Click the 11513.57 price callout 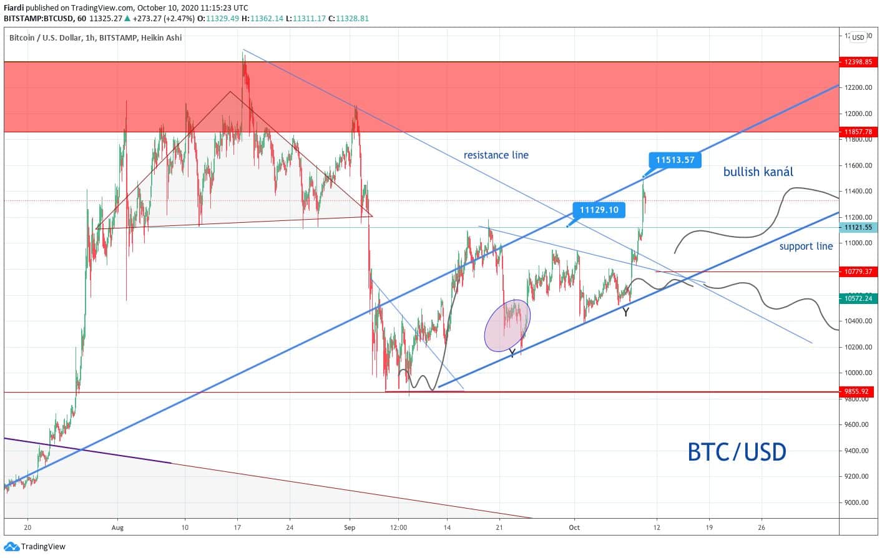coord(675,160)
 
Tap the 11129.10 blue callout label coord(599,210)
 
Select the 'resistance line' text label coord(496,155)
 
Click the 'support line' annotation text coord(806,246)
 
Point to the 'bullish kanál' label coord(758,172)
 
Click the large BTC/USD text coord(737,451)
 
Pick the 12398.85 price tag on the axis coord(858,62)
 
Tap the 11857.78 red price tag coord(858,132)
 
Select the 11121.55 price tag coord(858,227)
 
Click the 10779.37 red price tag coord(858,272)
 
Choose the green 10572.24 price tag coord(858,298)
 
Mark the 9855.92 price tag coord(856,392)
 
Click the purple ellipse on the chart coord(507,325)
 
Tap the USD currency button coord(858,37)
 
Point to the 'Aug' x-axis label coord(117,527)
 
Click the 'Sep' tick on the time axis coord(349,527)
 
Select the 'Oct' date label coord(574,527)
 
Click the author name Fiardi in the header coord(14,8)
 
